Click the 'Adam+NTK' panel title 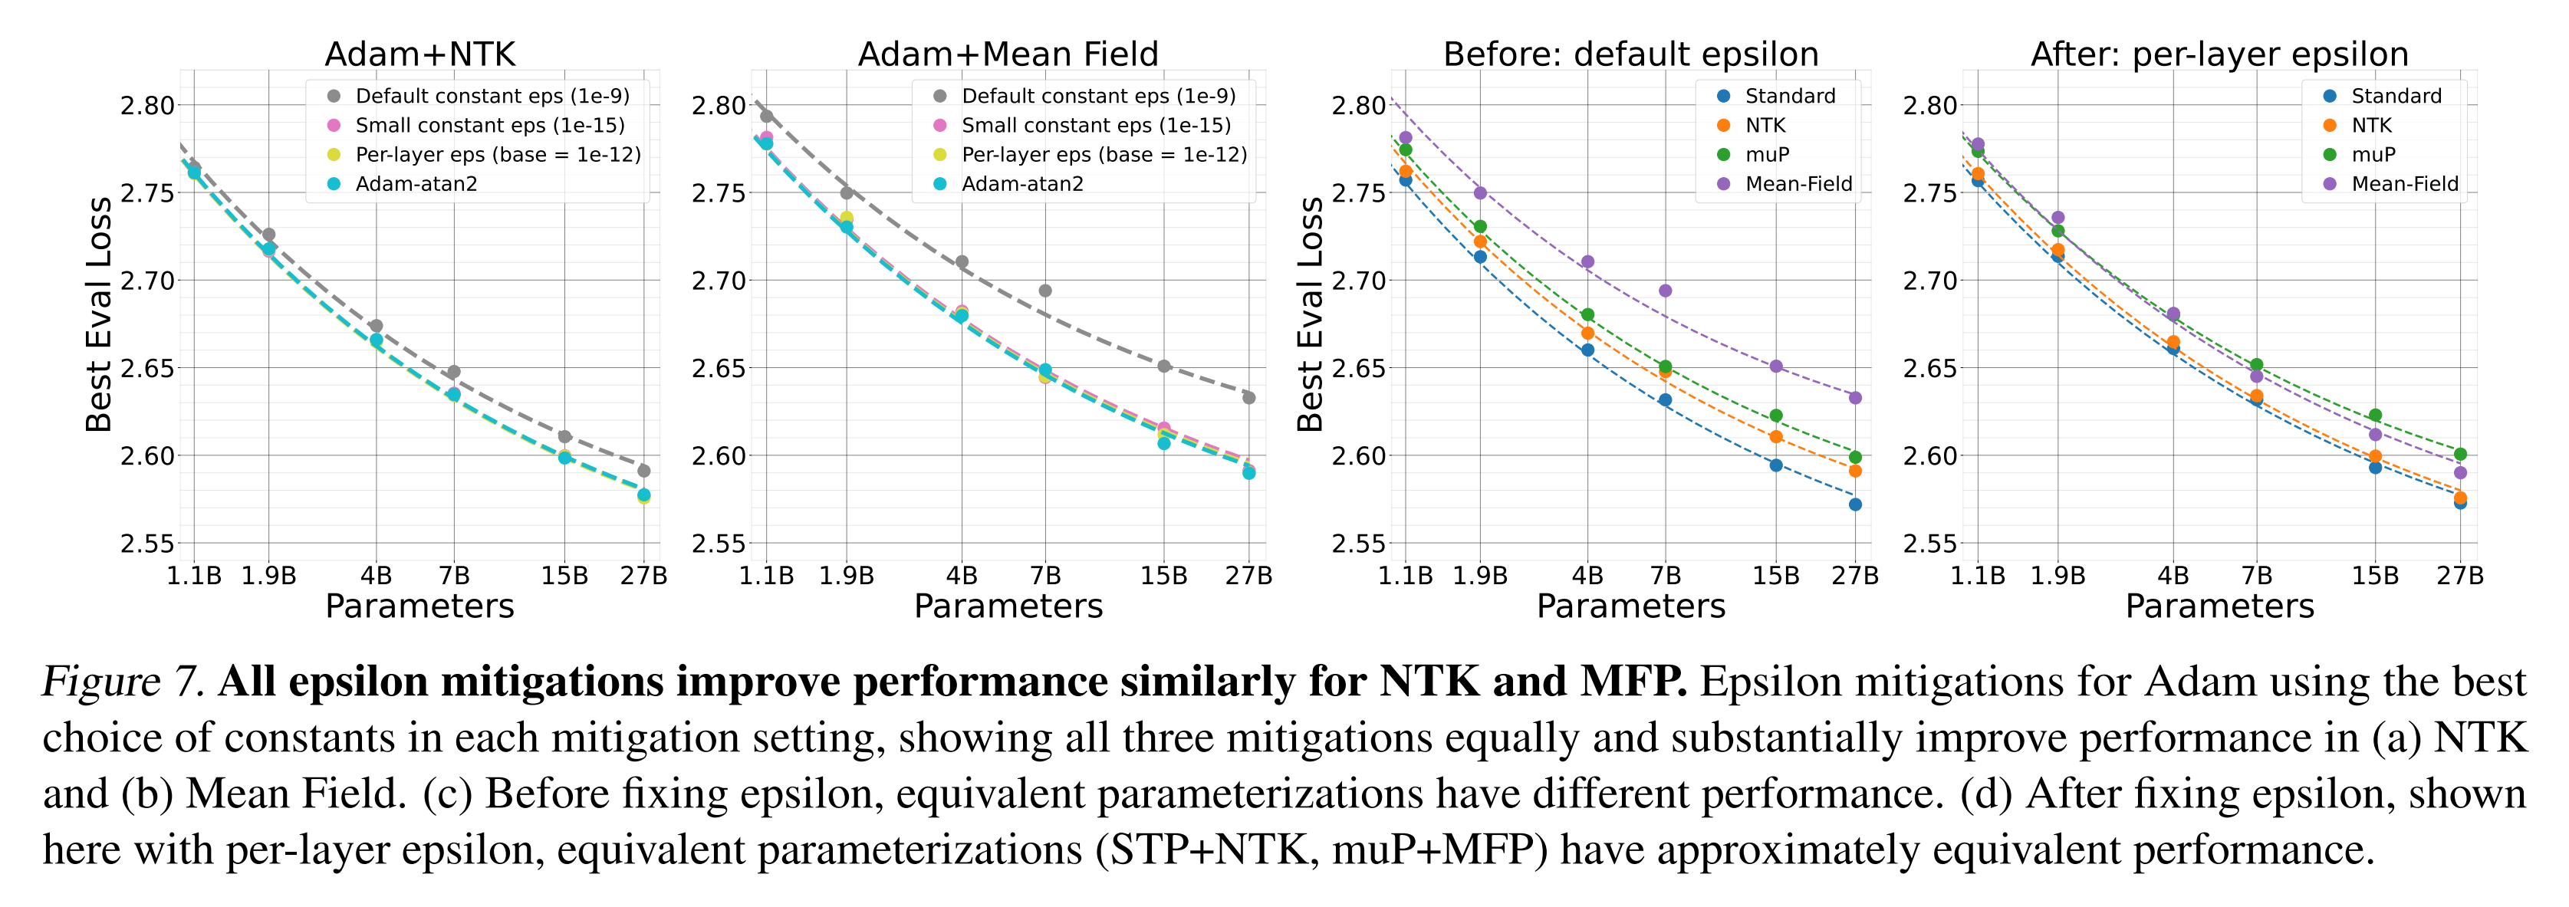point(419,54)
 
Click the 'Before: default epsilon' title point(1630,54)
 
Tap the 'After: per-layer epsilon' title point(2219,54)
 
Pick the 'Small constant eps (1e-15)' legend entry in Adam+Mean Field point(1095,126)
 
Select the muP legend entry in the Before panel point(1766,155)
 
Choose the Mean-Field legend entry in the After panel point(2403,183)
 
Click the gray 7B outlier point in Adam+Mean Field point(1045,291)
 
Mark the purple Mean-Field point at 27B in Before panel point(1855,398)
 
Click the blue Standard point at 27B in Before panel point(1855,504)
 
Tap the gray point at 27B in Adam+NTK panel point(644,471)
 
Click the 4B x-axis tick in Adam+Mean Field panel point(962,576)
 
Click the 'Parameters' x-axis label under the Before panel point(1630,606)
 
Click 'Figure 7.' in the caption point(123,682)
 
